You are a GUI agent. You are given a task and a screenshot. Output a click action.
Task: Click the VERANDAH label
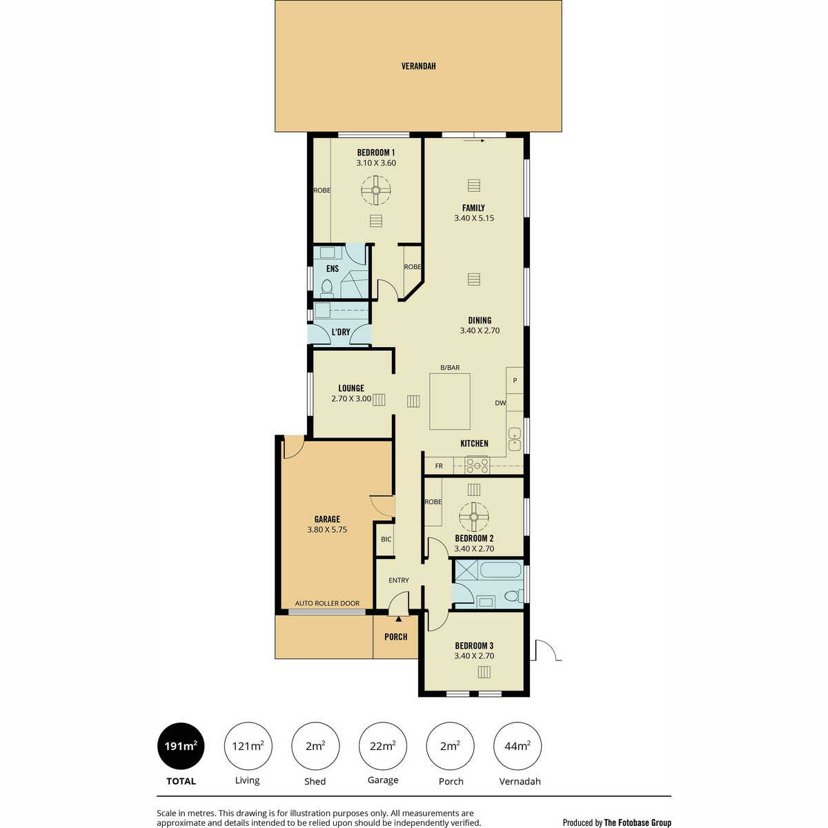pyautogui.click(x=418, y=66)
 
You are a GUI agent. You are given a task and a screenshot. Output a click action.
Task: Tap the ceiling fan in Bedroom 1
pyautogui.click(x=375, y=190)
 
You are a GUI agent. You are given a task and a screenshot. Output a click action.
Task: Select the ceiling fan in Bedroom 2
pyautogui.click(x=473, y=517)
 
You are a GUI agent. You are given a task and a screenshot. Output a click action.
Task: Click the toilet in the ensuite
pyautogui.click(x=327, y=288)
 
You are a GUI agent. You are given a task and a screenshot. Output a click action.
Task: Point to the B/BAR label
pyautogui.click(x=450, y=367)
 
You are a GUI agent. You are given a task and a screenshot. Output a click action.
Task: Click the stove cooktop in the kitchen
pyautogui.click(x=477, y=465)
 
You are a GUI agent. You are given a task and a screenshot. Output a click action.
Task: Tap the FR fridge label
pyautogui.click(x=439, y=466)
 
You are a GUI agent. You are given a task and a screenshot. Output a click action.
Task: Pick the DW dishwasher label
pyautogui.click(x=500, y=402)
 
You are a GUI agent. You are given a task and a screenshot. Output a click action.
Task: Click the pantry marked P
pyautogui.click(x=515, y=380)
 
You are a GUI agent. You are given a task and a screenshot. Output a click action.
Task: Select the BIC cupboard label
pyautogui.click(x=386, y=539)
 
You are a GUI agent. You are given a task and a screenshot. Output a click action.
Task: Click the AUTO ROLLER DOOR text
pyautogui.click(x=327, y=603)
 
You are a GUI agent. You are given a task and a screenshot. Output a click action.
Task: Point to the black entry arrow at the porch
pyautogui.click(x=398, y=619)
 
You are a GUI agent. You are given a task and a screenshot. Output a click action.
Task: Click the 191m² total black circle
pyautogui.click(x=181, y=746)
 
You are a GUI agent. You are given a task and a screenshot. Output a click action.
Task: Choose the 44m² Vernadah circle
pyautogui.click(x=517, y=746)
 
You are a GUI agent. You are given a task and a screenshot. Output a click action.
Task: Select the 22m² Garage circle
pyautogui.click(x=382, y=746)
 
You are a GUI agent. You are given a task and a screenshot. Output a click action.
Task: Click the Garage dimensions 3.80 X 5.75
pyautogui.click(x=327, y=529)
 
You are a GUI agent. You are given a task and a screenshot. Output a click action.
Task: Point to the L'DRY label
pyautogui.click(x=341, y=332)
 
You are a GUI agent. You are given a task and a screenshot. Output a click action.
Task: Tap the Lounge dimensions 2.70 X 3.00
pyautogui.click(x=351, y=398)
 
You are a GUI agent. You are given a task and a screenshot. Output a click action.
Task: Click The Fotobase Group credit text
pyautogui.click(x=638, y=822)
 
